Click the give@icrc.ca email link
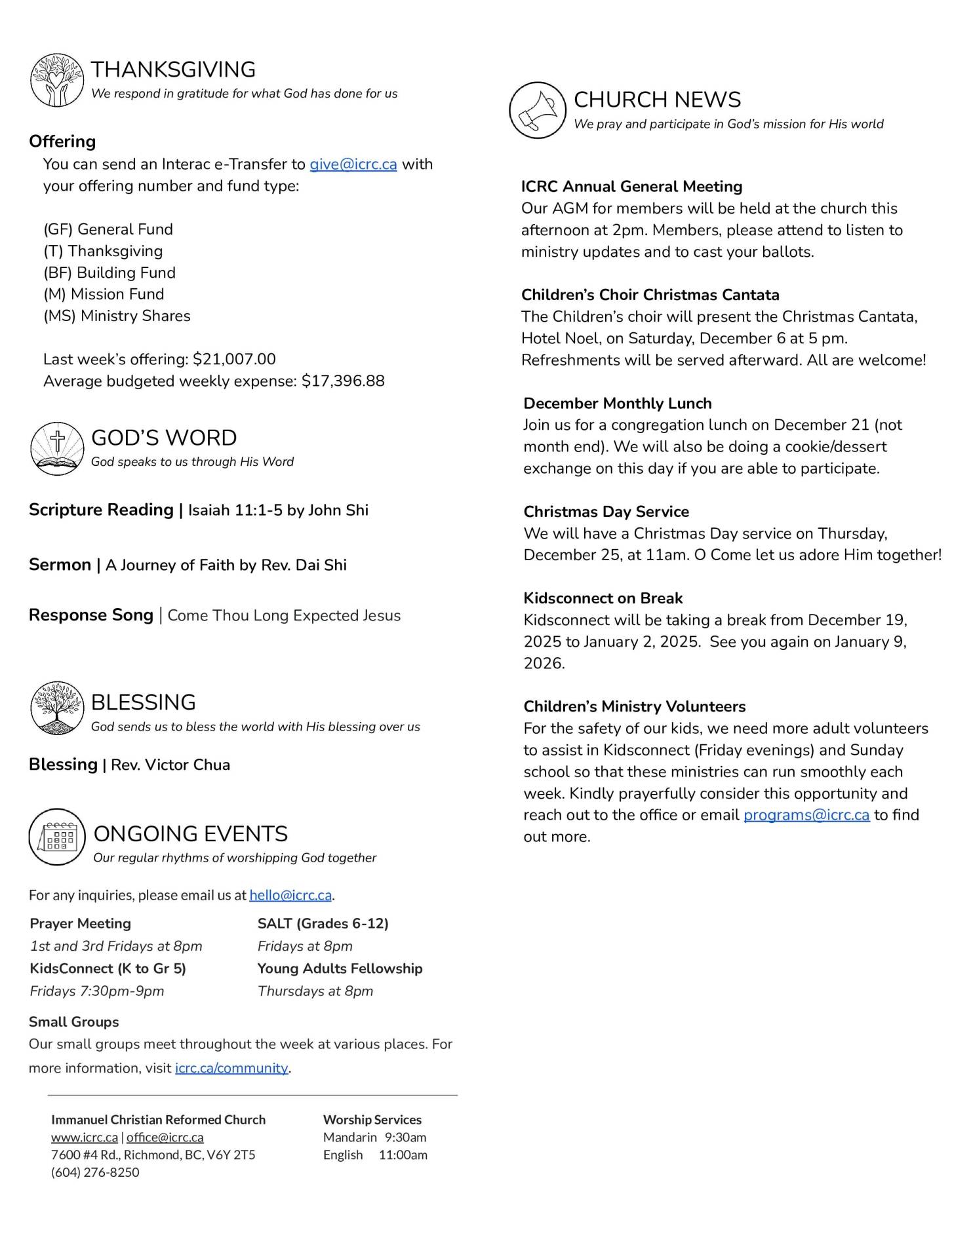[x=353, y=164]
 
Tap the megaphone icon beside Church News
[x=538, y=110]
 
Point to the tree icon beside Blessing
[x=58, y=708]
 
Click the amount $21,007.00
[x=234, y=359]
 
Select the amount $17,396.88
[x=343, y=381]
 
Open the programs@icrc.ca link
[x=806, y=815]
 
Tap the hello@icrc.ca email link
[x=290, y=895]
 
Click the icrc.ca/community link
[x=231, y=1068]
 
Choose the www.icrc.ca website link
[x=85, y=1137]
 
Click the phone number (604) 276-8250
[x=95, y=1172]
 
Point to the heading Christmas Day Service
[x=606, y=512]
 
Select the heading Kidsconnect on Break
[x=603, y=598]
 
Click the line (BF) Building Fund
[x=109, y=273]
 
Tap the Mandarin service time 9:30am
[x=405, y=1137]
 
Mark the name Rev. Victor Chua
[x=170, y=765]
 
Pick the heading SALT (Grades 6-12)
[x=323, y=924]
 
